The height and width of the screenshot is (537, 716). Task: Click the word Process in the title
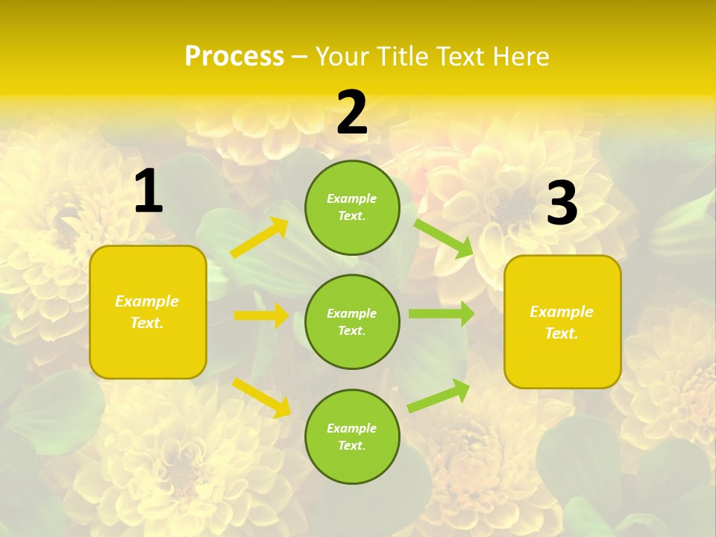pos(234,57)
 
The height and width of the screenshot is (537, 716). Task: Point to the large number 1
pos(148,192)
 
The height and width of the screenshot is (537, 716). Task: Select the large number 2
pos(352,113)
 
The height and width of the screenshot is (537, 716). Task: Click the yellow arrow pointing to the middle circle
pos(261,315)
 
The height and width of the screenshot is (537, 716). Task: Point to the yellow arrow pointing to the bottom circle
pos(262,398)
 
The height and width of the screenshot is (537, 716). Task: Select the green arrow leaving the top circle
pos(443,238)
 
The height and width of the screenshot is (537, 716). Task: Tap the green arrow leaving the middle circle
pos(442,314)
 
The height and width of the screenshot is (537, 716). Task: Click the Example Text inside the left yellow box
pos(148,312)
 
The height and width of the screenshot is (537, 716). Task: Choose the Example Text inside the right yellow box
pos(562,322)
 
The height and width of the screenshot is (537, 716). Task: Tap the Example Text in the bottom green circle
pos(351,436)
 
